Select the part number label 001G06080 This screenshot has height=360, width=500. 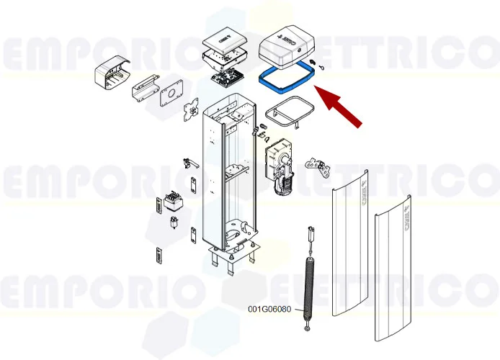tap(269, 310)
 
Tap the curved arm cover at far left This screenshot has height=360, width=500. tap(111, 72)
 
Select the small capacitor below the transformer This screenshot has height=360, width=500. tap(174, 221)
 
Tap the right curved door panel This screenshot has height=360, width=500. tap(393, 266)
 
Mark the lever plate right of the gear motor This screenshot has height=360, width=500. tap(317, 167)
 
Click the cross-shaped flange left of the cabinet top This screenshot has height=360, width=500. tap(192, 111)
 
